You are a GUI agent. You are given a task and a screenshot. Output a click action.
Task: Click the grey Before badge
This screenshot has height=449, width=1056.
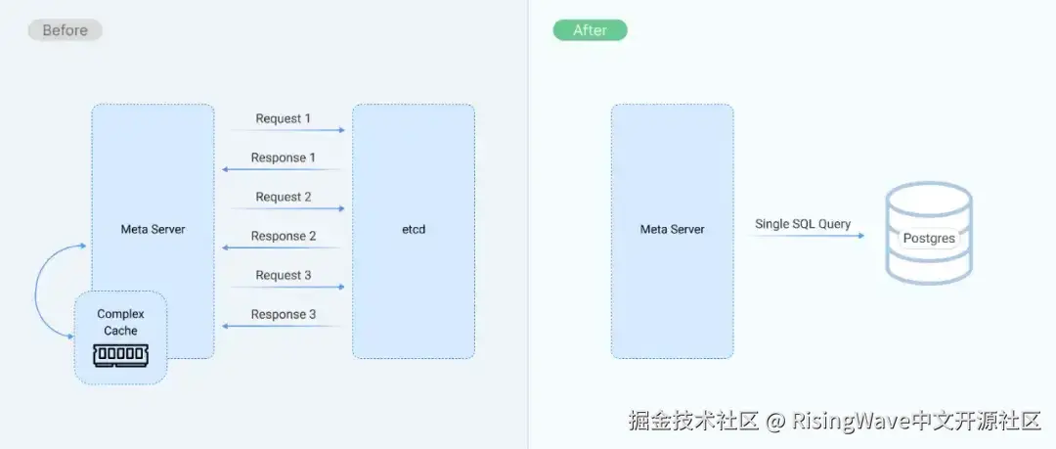pyautogui.click(x=65, y=30)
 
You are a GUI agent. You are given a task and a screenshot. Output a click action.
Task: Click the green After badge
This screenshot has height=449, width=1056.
pyautogui.click(x=590, y=30)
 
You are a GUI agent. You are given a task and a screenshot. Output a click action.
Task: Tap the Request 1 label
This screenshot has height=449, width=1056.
pyautogui.click(x=284, y=118)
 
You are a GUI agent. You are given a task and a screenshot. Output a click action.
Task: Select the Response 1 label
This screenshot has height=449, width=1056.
pyautogui.click(x=284, y=157)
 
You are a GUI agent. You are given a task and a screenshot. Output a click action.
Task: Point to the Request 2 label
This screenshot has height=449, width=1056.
pyautogui.click(x=284, y=197)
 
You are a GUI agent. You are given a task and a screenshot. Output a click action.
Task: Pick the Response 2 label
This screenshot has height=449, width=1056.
pyautogui.click(x=284, y=236)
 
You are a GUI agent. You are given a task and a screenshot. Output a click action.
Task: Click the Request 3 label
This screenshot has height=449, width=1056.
pyautogui.click(x=284, y=275)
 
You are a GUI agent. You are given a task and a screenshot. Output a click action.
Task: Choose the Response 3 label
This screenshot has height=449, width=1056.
pyautogui.click(x=284, y=314)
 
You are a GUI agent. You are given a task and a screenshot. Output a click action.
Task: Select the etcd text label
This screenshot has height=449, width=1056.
pyautogui.click(x=414, y=230)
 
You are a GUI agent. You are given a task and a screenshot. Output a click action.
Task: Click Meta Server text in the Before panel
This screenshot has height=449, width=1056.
pyautogui.click(x=153, y=230)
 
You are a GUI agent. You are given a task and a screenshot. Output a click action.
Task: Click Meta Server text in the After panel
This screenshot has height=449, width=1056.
pyautogui.click(x=672, y=230)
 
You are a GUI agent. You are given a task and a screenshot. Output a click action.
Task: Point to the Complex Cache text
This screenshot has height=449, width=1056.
pyautogui.click(x=121, y=322)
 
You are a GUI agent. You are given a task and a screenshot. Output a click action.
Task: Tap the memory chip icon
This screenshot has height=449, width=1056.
pyautogui.click(x=121, y=355)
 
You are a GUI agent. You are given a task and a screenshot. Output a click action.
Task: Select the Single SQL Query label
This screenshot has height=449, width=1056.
pyautogui.click(x=803, y=224)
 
